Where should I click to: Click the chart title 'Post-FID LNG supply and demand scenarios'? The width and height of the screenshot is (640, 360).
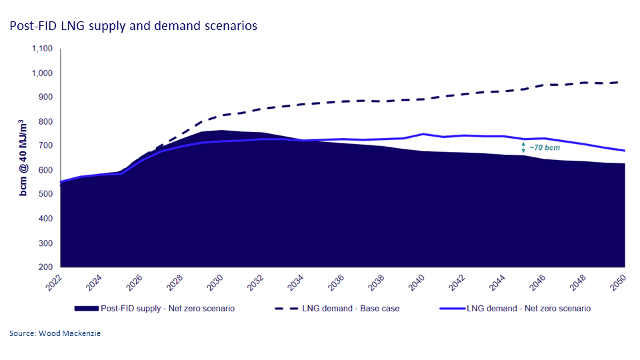click(x=133, y=26)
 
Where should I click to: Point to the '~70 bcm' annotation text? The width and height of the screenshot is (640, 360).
click(x=545, y=148)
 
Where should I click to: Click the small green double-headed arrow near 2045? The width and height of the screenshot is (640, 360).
click(x=523, y=147)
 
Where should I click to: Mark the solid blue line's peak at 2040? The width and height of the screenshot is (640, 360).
click(x=423, y=134)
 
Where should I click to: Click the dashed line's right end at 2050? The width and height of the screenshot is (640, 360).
click(x=625, y=83)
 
